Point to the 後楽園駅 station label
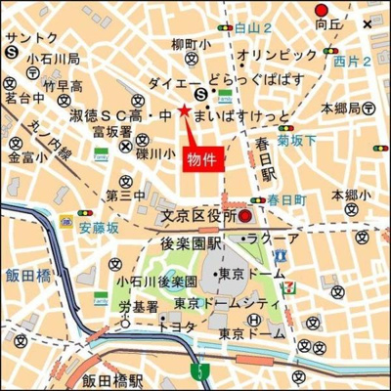coord(194,240)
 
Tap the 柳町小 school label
coord(191,44)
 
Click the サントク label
coord(31,38)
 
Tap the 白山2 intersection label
coord(252,28)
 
